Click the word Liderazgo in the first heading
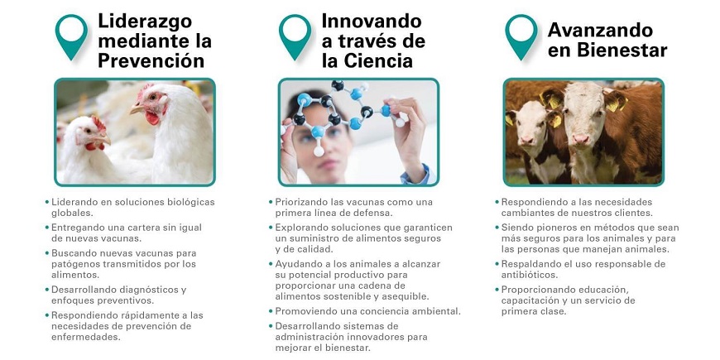[x=145, y=22]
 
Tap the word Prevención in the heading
[x=151, y=61]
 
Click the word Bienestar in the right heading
[x=622, y=50]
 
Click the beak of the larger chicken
[x=136, y=109]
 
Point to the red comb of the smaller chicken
[x=98, y=123]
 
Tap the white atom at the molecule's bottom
[x=319, y=151]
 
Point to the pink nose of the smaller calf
[x=526, y=140]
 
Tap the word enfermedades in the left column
[x=85, y=337]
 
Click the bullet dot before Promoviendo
[x=271, y=311]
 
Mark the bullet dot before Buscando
[x=47, y=253]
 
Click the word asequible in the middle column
[x=408, y=296]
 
